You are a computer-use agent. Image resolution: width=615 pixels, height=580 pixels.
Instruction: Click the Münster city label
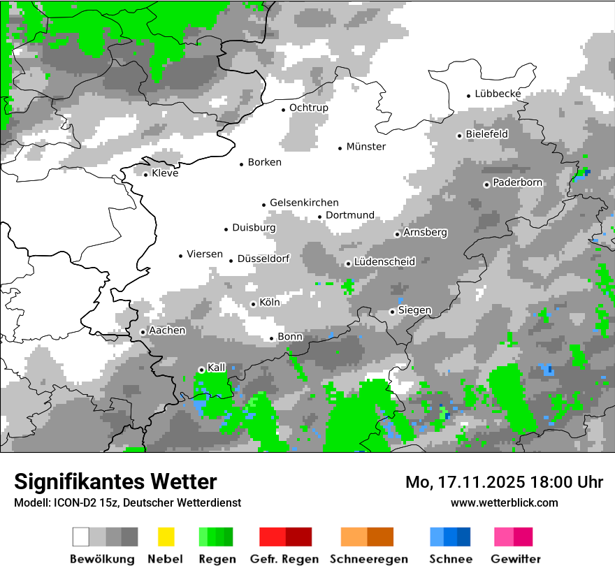(x=366, y=147)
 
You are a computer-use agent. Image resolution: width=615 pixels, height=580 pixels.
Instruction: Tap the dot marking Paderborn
(x=486, y=184)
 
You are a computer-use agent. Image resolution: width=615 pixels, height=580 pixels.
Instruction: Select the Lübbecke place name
(x=498, y=94)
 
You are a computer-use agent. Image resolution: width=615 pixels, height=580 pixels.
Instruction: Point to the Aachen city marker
(x=143, y=333)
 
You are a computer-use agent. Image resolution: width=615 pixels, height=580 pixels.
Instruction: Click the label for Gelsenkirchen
(x=304, y=203)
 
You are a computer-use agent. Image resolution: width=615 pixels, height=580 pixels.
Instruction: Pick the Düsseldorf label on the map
(x=263, y=259)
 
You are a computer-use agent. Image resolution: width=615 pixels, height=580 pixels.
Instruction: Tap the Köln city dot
(x=253, y=304)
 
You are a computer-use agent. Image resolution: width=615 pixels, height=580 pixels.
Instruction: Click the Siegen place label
(x=414, y=310)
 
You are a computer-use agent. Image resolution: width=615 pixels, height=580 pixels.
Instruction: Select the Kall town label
(x=217, y=368)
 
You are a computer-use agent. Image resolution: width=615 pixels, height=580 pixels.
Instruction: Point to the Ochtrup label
(x=308, y=108)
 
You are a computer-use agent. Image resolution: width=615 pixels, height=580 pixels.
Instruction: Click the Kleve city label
(x=165, y=173)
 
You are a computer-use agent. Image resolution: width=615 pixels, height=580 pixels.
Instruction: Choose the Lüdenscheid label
(x=384, y=262)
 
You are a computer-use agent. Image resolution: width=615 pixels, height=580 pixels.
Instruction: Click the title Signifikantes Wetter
(x=115, y=481)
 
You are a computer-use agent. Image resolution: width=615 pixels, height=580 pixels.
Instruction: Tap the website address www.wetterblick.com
(x=504, y=502)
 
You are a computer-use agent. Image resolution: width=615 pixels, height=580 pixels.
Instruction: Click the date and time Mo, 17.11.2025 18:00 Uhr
(x=504, y=482)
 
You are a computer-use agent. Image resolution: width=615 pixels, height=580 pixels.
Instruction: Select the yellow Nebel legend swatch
(x=166, y=537)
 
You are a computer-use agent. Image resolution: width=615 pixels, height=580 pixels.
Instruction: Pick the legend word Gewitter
(x=515, y=559)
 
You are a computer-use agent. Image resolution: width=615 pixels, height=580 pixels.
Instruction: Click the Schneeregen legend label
(x=368, y=559)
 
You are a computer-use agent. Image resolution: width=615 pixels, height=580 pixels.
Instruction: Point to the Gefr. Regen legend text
(x=284, y=559)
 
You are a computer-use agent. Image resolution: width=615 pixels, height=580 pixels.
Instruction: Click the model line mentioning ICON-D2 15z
(x=127, y=502)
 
